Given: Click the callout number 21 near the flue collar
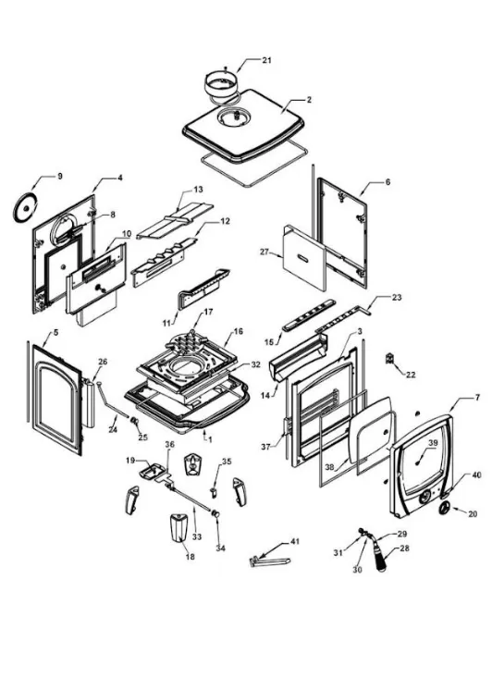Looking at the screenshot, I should (x=266, y=61).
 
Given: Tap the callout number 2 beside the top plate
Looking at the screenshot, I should (x=309, y=99).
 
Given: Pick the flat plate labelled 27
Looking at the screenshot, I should (x=301, y=254).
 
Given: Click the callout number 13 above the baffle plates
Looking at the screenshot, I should (x=197, y=189).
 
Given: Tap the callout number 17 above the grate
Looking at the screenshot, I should (x=208, y=312).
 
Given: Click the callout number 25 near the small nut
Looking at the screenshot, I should (x=142, y=436).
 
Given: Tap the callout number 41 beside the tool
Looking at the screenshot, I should (x=295, y=540).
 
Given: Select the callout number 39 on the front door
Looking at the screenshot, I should (x=432, y=443).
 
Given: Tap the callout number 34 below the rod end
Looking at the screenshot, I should (x=219, y=548).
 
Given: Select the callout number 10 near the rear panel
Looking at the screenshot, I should (x=126, y=235).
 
